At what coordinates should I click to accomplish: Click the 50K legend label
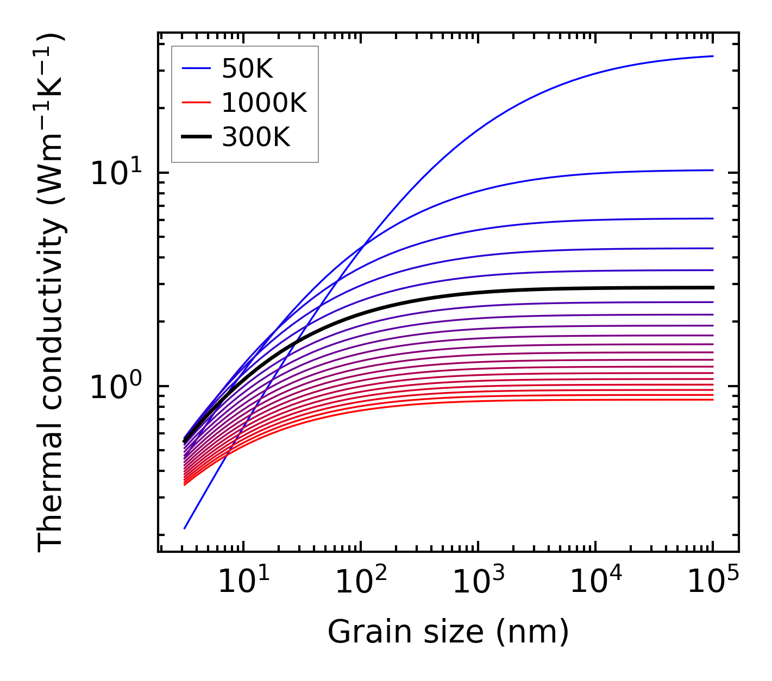(247, 69)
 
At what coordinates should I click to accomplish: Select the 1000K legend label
(264, 103)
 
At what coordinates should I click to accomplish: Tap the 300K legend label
(256, 138)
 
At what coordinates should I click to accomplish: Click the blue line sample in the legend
(196, 68)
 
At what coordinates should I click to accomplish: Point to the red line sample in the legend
(196, 103)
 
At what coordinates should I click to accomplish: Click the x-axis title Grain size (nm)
(448, 632)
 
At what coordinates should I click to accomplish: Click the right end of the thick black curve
(712, 287)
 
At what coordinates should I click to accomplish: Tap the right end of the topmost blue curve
(712, 56)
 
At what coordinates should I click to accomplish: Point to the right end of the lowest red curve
(712, 400)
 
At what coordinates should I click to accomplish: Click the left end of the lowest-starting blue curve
(185, 528)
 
